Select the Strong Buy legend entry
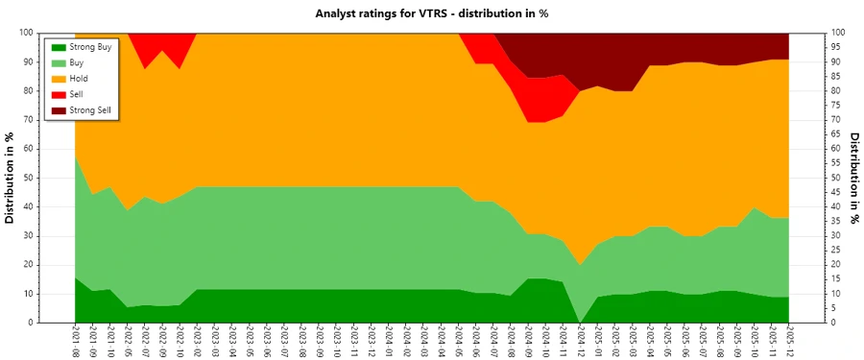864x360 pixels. [92, 47]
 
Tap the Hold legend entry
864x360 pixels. [82, 79]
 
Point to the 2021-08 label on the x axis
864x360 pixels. [76, 342]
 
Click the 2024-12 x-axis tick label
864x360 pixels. [580, 342]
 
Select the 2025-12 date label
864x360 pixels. [789, 342]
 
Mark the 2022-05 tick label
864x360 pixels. [127, 342]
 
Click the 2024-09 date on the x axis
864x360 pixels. [528, 342]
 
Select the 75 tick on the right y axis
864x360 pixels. [836, 105]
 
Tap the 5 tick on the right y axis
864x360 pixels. [833, 308]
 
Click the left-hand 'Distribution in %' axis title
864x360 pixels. [11, 178]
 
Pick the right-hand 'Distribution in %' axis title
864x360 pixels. [853, 178]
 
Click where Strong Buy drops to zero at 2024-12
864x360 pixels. [580, 322]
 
